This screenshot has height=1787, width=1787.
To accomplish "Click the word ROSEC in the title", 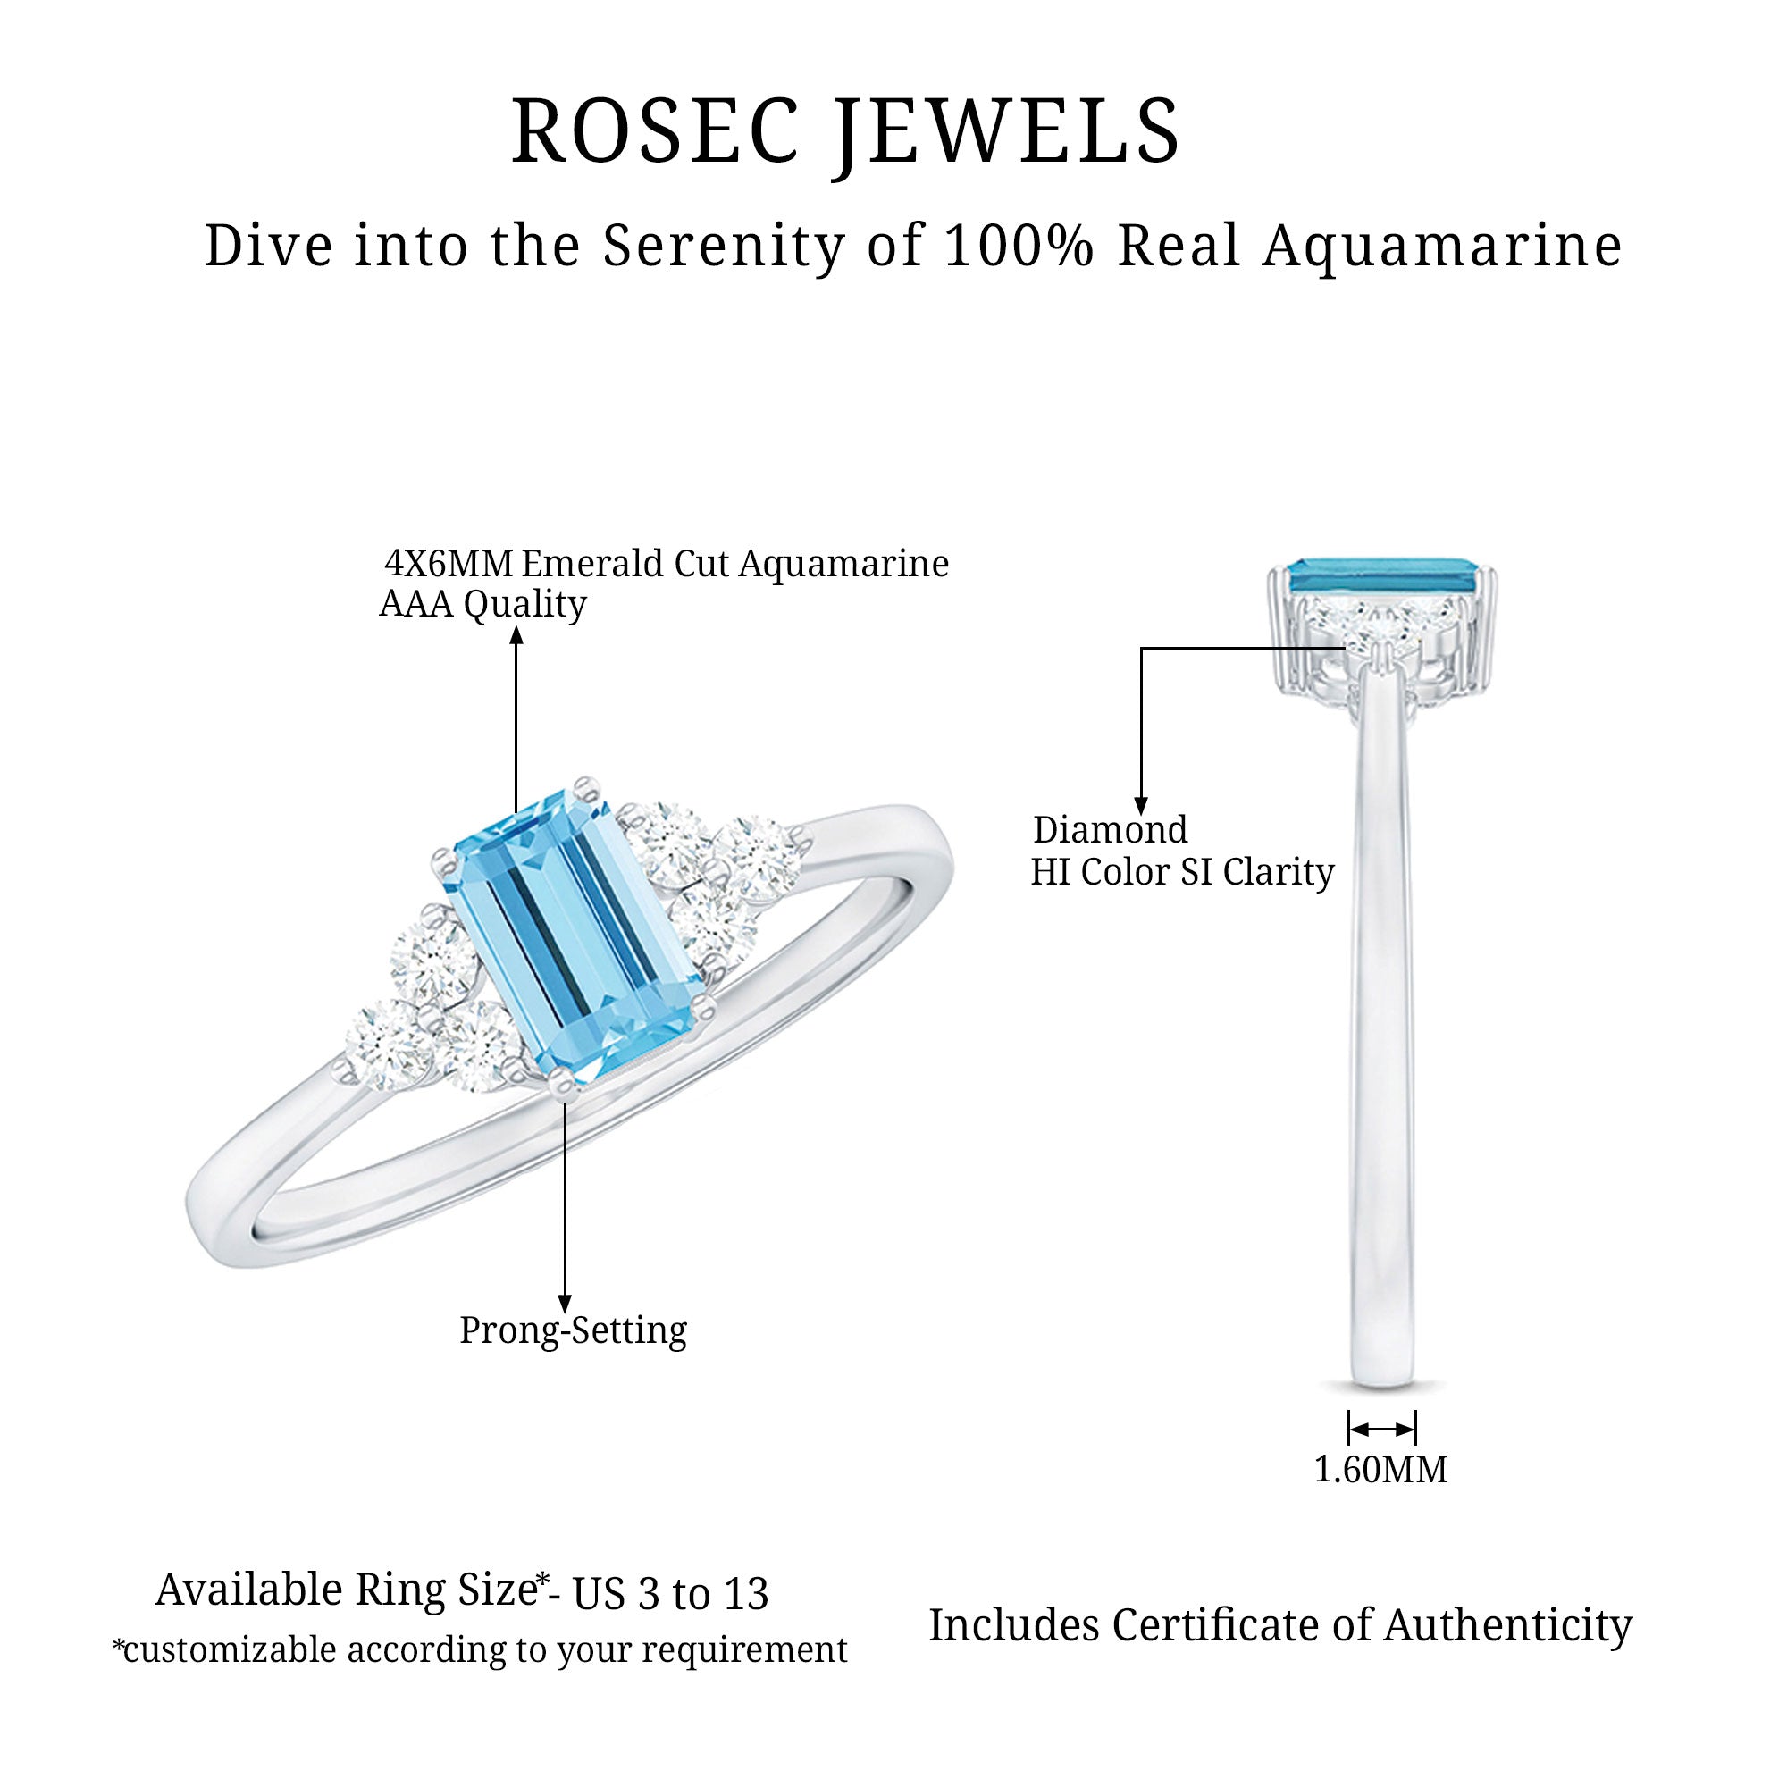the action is coord(656,131).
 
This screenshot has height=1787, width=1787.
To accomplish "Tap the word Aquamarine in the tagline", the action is coord(1442,247).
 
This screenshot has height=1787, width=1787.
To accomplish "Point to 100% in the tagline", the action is coord(1019,246).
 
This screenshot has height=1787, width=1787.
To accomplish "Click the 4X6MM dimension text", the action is coord(449,563).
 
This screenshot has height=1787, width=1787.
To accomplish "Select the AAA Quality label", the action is coord(482,605).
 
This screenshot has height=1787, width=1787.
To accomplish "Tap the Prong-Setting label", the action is coord(574,1331).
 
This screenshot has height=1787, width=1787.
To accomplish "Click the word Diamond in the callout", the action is coord(1110,830).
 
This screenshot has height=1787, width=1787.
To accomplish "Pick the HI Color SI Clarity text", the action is coord(1183,872).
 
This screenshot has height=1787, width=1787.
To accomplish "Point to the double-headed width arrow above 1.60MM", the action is coord(1382,1429).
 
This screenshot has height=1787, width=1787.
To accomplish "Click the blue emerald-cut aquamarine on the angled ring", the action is coord(575,935).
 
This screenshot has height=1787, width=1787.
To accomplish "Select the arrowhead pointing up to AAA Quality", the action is coord(517,634).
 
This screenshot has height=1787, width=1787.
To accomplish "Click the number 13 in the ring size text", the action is coord(745,1594).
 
